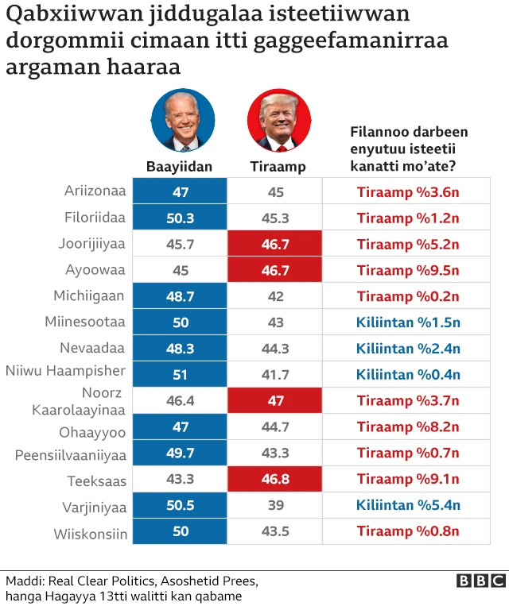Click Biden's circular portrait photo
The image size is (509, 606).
coord(183,120)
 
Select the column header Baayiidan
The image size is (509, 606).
coord(180,167)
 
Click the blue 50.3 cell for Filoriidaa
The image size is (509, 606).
coord(180,218)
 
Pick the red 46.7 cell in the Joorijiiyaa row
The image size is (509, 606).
coord(275,244)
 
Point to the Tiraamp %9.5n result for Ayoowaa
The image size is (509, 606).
coord(408,270)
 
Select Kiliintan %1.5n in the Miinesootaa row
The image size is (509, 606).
coord(408,322)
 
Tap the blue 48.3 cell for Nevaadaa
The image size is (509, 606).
coord(180,348)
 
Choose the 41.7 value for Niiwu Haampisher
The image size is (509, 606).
coord(275,374)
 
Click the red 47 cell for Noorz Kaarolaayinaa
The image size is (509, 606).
coord(275,400)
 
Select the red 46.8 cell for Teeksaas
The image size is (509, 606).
coord(275,480)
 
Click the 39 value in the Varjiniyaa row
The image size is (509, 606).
coord(275,505)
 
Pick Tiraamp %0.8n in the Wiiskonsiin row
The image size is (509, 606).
coord(408,531)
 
